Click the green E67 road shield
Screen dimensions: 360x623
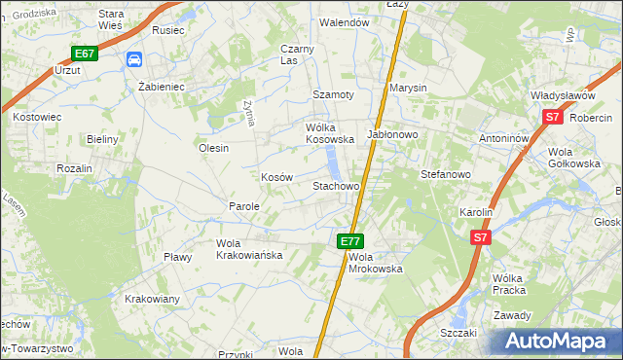point(84,54)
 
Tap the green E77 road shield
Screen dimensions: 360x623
point(350,240)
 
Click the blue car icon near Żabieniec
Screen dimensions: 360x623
point(133,60)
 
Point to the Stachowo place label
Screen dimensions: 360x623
point(336,185)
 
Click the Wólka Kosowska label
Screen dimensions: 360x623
point(329,133)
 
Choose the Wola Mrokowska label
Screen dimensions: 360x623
point(375,262)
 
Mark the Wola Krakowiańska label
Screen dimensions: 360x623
point(249,249)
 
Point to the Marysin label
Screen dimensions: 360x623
point(408,88)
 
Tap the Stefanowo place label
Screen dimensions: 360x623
point(445,174)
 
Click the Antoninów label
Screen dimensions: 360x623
point(503,138)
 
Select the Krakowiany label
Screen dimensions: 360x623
point(152,299)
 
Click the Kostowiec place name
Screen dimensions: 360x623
point(36,117)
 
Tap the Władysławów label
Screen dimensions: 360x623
point(562,95)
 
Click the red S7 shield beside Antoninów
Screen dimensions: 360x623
point(552,117)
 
